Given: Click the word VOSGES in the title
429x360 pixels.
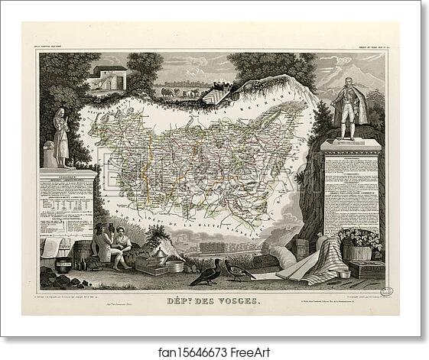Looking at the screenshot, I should (237, 301).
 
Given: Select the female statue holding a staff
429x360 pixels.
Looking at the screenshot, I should (60, 136).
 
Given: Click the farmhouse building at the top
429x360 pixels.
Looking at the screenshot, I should (107, 77).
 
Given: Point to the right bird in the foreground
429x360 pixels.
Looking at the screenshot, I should (238, 270).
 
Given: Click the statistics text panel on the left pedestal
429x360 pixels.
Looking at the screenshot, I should (67, 202).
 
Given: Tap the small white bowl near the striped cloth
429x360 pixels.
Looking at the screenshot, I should (344, 273).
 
